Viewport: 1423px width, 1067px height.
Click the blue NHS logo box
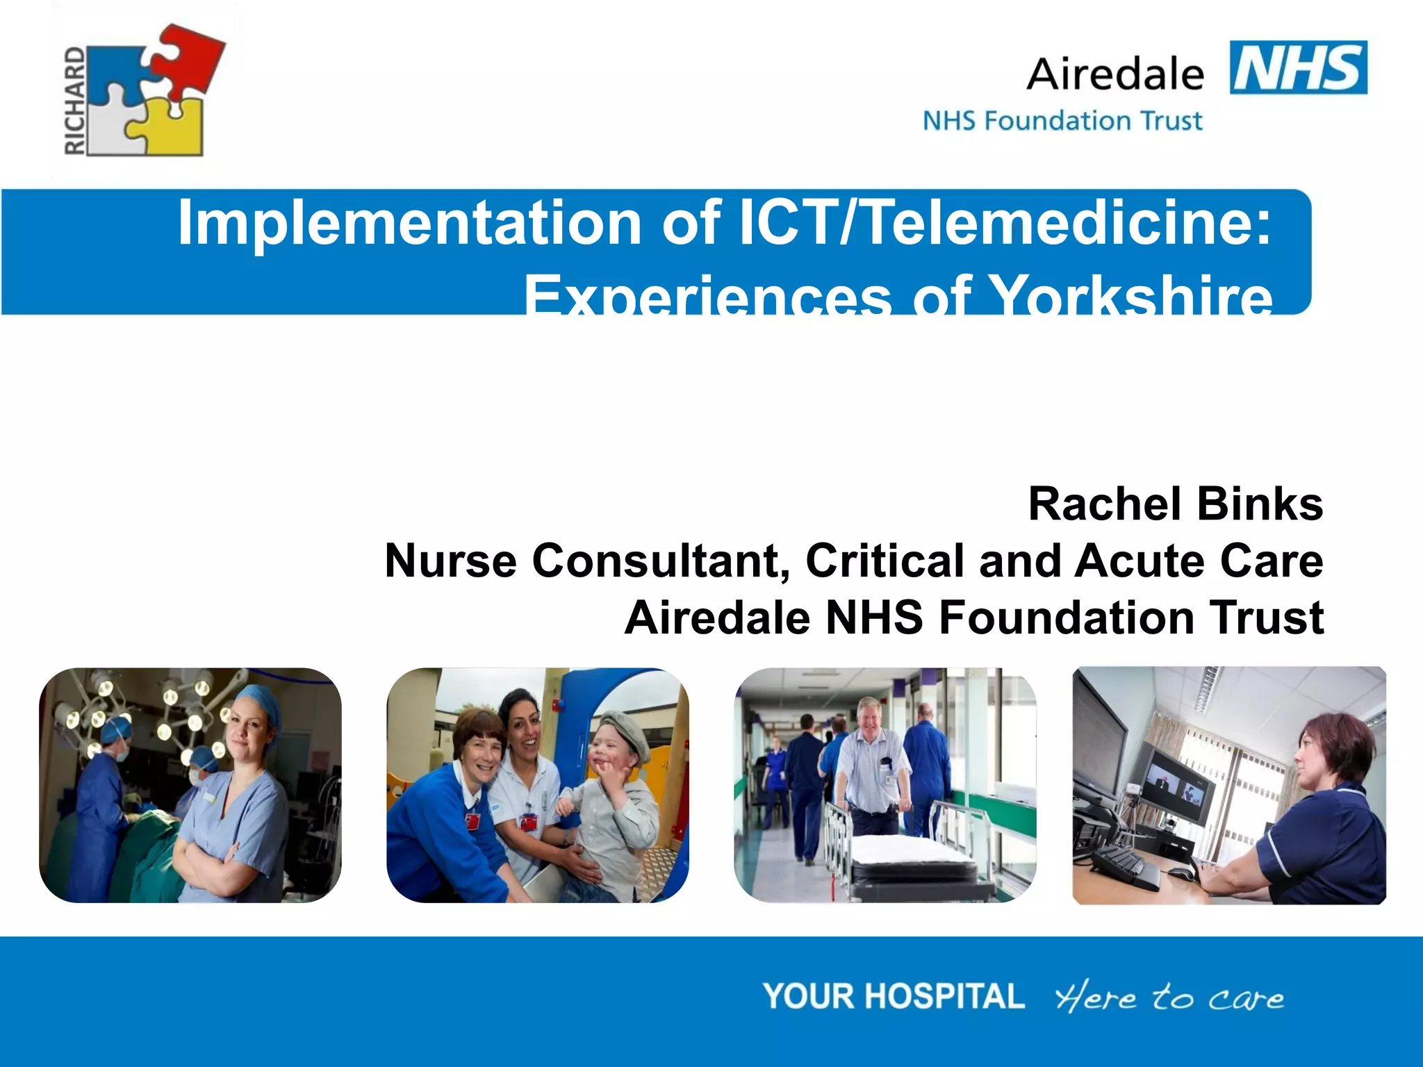click(1298, 67)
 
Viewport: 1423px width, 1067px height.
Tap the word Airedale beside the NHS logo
click(1115, 74)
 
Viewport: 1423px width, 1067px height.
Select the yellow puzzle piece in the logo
click(170, 129)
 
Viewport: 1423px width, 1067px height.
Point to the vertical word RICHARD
click(75, 101)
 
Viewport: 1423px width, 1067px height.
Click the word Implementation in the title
click(409, 223)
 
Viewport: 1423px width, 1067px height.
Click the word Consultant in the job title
click(661, 561)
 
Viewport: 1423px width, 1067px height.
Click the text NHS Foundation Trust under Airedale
click(1062, 121)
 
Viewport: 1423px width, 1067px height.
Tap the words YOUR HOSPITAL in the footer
click(894, 996)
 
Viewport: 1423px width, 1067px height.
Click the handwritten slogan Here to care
click(1169, 998)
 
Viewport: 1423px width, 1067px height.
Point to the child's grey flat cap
click(625, 733)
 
